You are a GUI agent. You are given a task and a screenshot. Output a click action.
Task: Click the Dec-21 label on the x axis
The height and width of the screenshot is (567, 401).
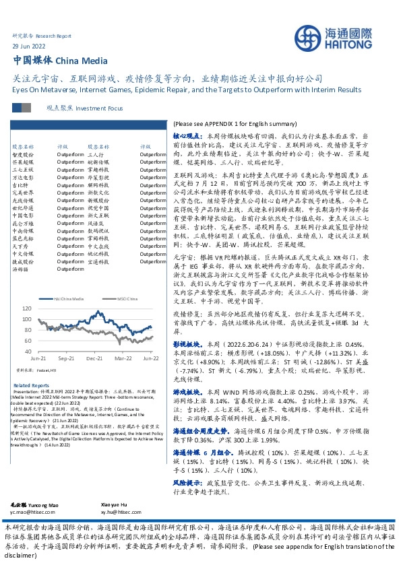click(94, 359)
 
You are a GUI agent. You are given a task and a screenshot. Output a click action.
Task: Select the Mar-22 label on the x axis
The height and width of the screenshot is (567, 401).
click(122, 359)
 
